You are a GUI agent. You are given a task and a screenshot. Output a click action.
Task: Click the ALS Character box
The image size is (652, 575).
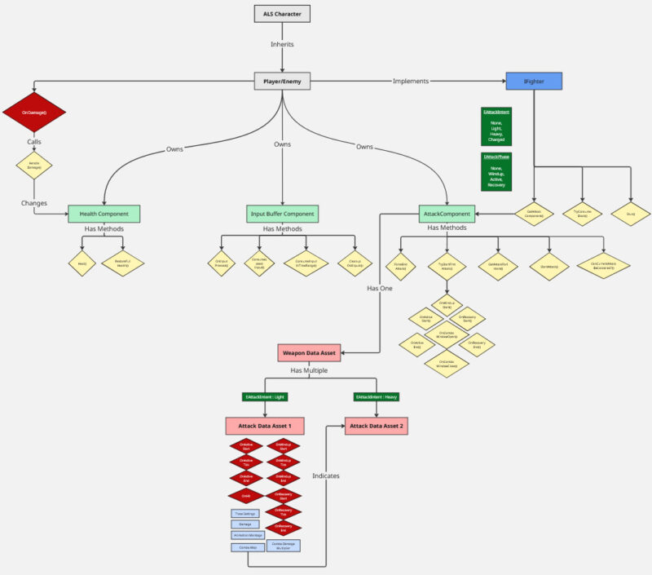282,14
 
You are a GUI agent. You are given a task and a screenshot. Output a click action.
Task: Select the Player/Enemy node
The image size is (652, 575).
282,81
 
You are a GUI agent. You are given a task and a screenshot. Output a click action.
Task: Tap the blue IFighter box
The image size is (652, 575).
535,81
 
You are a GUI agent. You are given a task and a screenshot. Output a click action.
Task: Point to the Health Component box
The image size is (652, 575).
104,214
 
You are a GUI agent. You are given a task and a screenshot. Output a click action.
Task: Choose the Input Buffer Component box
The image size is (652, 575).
282,214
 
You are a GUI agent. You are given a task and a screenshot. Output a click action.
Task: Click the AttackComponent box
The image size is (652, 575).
447,214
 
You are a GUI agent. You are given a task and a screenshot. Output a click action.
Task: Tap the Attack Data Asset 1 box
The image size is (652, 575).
265,426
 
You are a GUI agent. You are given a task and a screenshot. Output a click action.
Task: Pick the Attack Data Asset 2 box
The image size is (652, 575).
377,426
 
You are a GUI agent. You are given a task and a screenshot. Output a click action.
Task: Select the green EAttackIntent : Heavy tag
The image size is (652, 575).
377,397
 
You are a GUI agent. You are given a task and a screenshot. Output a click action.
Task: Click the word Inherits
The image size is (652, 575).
282,45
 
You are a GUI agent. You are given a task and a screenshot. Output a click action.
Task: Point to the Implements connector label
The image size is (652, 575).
411,81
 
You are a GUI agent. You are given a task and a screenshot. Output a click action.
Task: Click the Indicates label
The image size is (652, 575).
327,475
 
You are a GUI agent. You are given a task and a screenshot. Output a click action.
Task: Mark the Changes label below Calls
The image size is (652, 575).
34,202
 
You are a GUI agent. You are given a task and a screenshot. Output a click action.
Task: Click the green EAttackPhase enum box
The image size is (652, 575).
496,170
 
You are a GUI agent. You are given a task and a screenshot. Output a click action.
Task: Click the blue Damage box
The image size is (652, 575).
244,524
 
